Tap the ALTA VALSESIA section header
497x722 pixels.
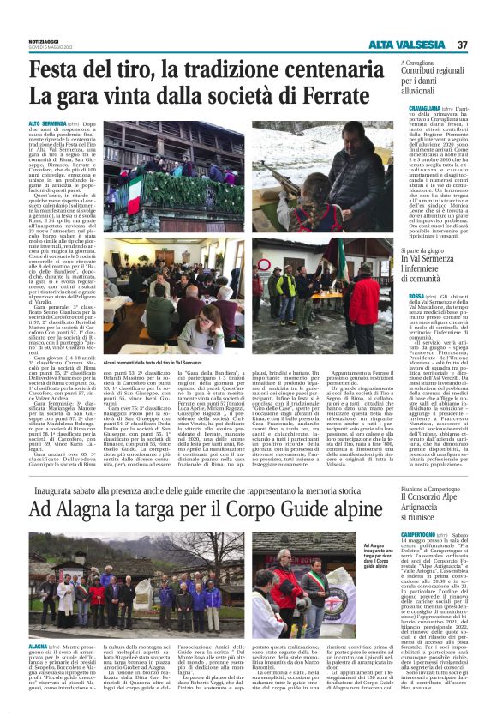[x=405, y=45]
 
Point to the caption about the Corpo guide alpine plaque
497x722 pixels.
[x=356, y=557]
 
